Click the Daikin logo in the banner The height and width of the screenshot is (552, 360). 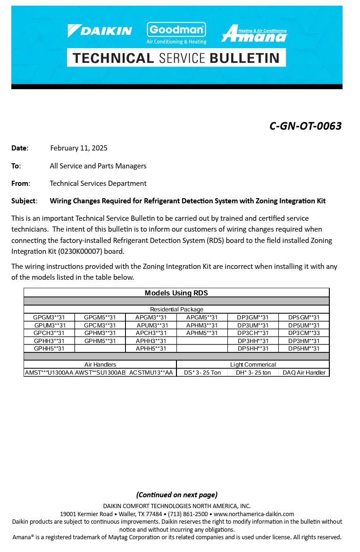click(x=100, y=31)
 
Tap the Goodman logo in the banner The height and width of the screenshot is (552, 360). click(x=176, y=33)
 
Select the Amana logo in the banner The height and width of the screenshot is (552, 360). click(x=254, y=33)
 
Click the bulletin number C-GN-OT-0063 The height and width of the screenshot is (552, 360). click(x=305, y=126)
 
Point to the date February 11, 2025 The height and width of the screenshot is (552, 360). click(x=79, y=148)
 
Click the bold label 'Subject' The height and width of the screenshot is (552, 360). click(x=24, y=201)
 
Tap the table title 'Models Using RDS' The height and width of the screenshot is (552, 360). click(x=176, y=293)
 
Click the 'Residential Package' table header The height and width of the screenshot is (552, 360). click(x=176, y=309)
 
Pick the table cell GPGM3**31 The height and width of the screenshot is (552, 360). click(x=49, y=318)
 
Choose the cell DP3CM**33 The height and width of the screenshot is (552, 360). click(x=304, y=333)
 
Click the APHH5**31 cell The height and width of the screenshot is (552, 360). click(x=151, y=349)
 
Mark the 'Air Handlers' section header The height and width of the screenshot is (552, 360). click(x=100, y=365)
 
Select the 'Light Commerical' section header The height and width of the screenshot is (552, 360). click(x=253, y=365)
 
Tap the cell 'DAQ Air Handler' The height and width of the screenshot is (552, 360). click(x=304, y=373)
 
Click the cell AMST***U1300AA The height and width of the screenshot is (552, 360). click(x=49, y=373)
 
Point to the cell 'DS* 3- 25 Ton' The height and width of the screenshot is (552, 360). click(x=202, y=373)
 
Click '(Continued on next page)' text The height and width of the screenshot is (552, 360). click(x=177, y=495)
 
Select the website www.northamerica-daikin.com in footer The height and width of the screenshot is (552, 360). click(x=254, y=514)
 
